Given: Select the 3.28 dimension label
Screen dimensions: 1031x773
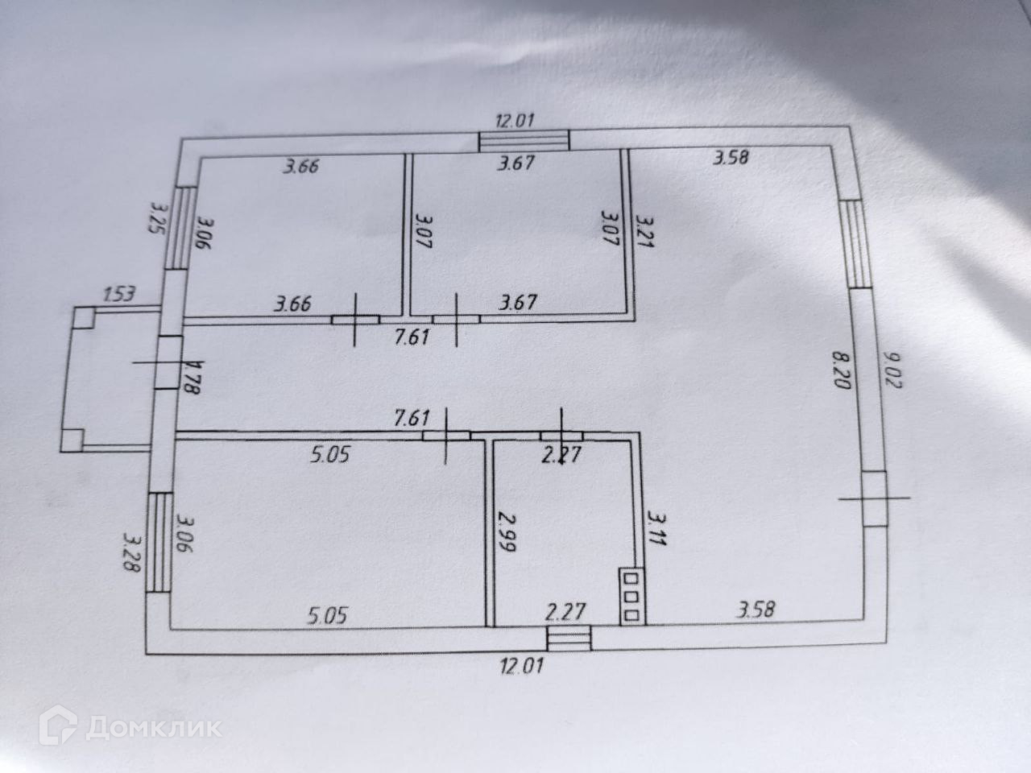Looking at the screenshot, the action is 130,550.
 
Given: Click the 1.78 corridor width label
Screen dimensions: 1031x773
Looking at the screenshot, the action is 192,378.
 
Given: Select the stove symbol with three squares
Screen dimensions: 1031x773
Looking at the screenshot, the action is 632,597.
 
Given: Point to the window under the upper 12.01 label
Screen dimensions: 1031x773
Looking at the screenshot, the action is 524,141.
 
